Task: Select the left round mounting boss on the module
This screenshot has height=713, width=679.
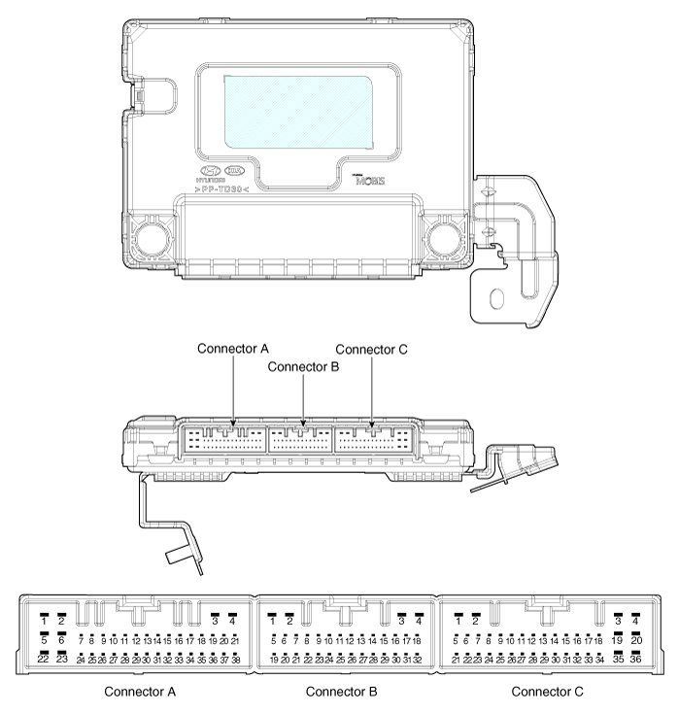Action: (x=152, y=235)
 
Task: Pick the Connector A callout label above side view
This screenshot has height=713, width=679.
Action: (x=234, y=348)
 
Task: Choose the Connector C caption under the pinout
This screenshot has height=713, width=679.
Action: (x=551, y=692)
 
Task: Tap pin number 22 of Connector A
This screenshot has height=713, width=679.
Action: (x=44, y=659)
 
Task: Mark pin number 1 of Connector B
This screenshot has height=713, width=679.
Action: (x=273, y=620)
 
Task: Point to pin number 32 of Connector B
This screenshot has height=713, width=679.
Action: (x=418, y=660)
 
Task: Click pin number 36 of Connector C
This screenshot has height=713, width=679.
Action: (x=635, y=659)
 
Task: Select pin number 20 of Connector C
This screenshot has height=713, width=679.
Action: (x=635, y=639)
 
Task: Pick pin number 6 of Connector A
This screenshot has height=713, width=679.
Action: (x=60, y=639)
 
